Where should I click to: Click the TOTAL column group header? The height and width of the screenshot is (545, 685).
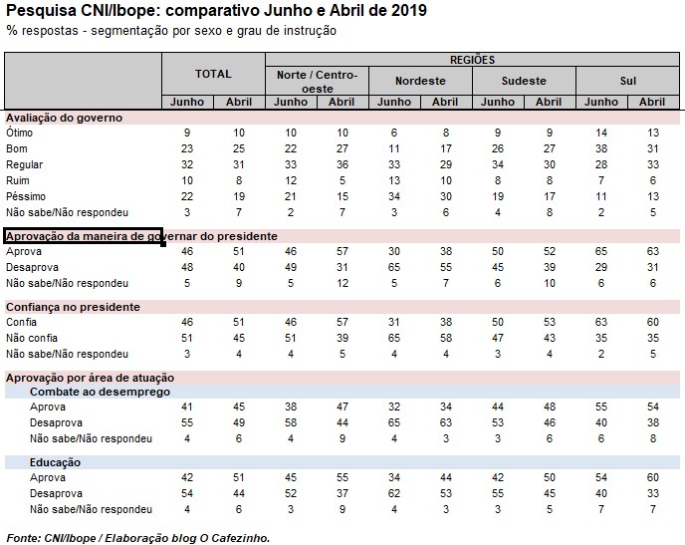pos(213,74)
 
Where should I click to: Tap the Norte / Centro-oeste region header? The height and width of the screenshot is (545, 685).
pos(316,80)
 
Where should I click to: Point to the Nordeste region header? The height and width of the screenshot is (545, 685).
pos(419,81)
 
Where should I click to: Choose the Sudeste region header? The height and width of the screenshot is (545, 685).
pos(523,81)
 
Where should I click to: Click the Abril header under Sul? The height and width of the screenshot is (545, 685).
pos(652,102)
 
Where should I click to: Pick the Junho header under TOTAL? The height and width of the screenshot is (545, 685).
pos(187,102)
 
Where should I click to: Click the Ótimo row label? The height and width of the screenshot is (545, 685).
pos(20,133)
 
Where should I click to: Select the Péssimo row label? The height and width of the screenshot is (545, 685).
pos(26,196)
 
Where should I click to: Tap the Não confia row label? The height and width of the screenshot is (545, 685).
pos(32,338)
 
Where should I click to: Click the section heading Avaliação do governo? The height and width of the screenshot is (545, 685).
pos(64,118)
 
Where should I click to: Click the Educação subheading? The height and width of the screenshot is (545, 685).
pos(56,462)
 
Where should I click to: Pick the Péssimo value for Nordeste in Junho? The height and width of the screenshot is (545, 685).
pos(394,196)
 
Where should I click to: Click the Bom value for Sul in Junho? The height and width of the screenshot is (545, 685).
pos(601,148)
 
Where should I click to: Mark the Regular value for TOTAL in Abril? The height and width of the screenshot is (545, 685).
pos(238,164)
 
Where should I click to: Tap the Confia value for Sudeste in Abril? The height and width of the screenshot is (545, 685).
pos(549,322)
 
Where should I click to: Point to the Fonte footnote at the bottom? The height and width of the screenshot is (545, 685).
pos(137,537)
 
